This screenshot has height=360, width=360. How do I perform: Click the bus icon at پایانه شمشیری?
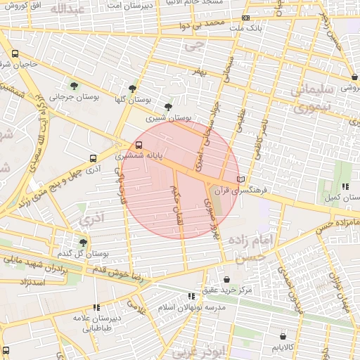[x=138, y=146]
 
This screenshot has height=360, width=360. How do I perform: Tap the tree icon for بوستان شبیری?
[x=167, y=108]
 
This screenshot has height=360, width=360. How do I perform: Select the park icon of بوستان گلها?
[x=132, y=89]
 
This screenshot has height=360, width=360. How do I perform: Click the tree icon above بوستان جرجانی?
[x=74, y=86]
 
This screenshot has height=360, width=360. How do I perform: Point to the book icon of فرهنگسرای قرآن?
[x=241, y=179]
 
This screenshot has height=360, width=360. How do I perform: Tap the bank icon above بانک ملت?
[x=245, y=18]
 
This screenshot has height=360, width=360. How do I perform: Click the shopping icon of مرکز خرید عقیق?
[x=226, y=279]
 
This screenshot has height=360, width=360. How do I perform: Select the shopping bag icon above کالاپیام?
[x=283, y=336]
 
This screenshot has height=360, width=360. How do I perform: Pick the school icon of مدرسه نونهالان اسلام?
[x=191, y=297]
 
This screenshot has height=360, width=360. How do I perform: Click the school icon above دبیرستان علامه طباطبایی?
[x=96, y=307]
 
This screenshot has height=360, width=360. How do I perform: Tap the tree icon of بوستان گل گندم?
[x=83, y=243]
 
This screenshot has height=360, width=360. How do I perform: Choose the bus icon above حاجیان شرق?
[x=15, y=53]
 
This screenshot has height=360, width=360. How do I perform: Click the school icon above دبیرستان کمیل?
[x=345, y=186]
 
